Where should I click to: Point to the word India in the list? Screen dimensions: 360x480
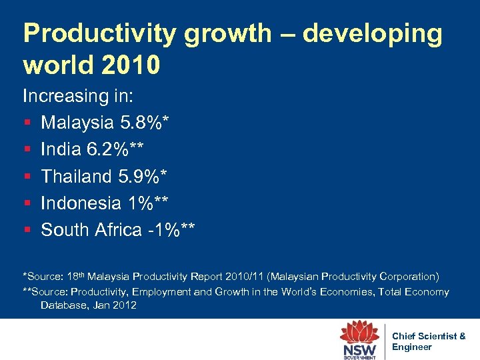pyautogui.click(x=61, y=149)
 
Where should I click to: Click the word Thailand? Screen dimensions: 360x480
pyautogui.click(x=77, y=176)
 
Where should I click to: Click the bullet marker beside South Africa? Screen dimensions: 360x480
pyautogui.click(x=27, y=230)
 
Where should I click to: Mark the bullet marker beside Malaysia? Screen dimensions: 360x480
pyautogui.click(x=27, y=123)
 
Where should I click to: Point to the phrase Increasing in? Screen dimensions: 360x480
pyautogui.click(x=79, y=96)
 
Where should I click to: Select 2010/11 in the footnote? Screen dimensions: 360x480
pyautogui.click(x=265, y=276)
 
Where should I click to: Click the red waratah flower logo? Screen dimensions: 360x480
pyautogui.click(x=360, y=331)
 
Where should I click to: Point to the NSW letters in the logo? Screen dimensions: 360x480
pyautogui.click(x=360, y=349)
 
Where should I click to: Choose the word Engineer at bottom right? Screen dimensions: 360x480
pyautogui.click(x=412, y=347)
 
